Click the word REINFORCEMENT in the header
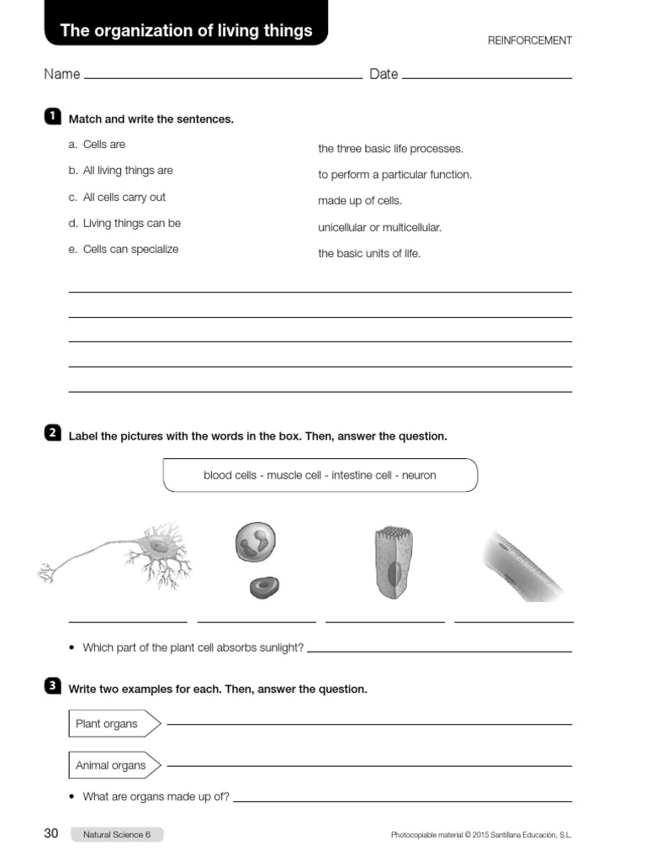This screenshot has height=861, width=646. pos(530,40)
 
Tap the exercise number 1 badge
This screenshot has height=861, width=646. pos(51,115)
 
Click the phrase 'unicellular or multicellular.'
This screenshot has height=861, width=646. pos(379,227)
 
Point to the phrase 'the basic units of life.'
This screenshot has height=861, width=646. pos(369,253)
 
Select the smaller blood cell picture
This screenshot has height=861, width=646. pos(265,586)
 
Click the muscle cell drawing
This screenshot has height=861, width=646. pos(526,563)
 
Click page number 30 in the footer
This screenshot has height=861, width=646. pos(51,833)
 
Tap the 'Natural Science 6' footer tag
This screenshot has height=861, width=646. pos(117,834)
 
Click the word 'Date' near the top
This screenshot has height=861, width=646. pos(384,74)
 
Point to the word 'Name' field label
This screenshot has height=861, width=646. pos(62,74)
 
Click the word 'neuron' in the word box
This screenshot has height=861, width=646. pos(419,475)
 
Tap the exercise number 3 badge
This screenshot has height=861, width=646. pos(51,686)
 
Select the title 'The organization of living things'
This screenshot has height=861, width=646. pos(186,31)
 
